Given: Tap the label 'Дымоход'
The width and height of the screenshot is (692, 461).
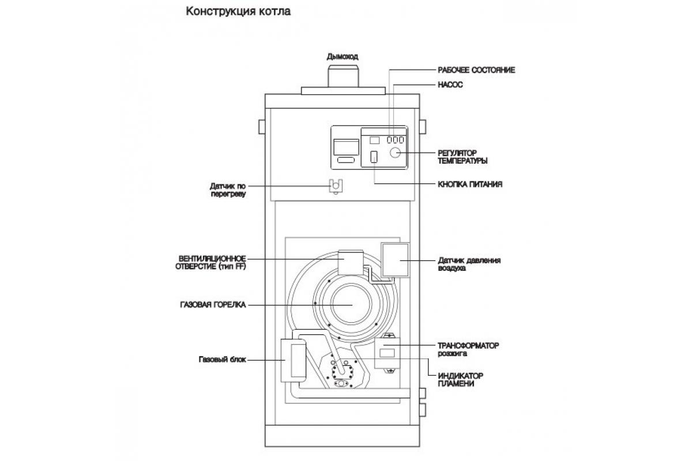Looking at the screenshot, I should pos(343,56).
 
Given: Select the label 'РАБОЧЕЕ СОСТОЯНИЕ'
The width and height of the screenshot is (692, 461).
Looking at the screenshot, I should pos(476,70).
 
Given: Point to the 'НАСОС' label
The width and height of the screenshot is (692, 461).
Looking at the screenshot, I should pos(451,85).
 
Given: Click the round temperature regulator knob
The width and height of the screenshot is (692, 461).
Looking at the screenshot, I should pos(396,153).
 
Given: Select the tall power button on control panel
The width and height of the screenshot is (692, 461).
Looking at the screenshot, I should pos(374,157).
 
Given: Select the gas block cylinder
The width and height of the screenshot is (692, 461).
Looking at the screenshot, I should pos(294,360).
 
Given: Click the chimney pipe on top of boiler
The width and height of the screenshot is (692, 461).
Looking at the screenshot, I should pos(344,75).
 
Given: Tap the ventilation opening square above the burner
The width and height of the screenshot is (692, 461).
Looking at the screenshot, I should pos(349,263).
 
